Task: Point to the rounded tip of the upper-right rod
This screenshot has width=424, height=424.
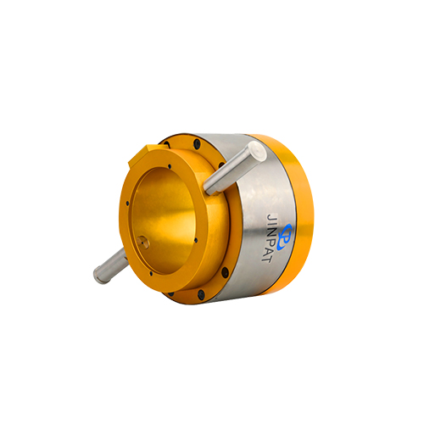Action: (258, 150)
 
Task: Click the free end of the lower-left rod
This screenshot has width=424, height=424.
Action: (99, 276)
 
